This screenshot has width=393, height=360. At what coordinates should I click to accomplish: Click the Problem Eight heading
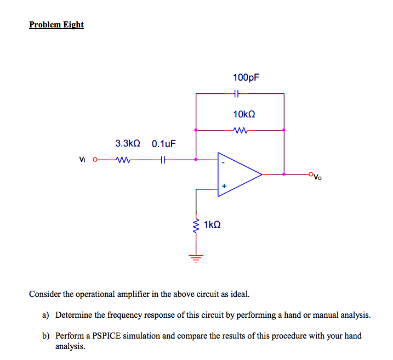point(56,25)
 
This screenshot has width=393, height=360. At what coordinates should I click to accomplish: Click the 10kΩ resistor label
point(244,114)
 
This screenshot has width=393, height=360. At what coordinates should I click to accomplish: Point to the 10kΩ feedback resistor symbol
point(241,131)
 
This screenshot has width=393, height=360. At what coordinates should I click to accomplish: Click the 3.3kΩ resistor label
point(127,143)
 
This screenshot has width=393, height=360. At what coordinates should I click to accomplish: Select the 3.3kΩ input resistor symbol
point(124,160)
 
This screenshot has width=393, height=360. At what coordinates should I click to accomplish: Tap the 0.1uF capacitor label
point(164,144)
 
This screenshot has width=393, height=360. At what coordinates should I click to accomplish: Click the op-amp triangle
point(239,174)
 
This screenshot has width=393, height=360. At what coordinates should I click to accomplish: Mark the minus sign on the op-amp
point(223,162)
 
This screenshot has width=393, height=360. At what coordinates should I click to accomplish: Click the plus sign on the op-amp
point(224,187)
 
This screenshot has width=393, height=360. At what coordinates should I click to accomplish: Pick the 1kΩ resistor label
point(212,225)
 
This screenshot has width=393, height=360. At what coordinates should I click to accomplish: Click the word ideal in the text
point(238,294)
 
